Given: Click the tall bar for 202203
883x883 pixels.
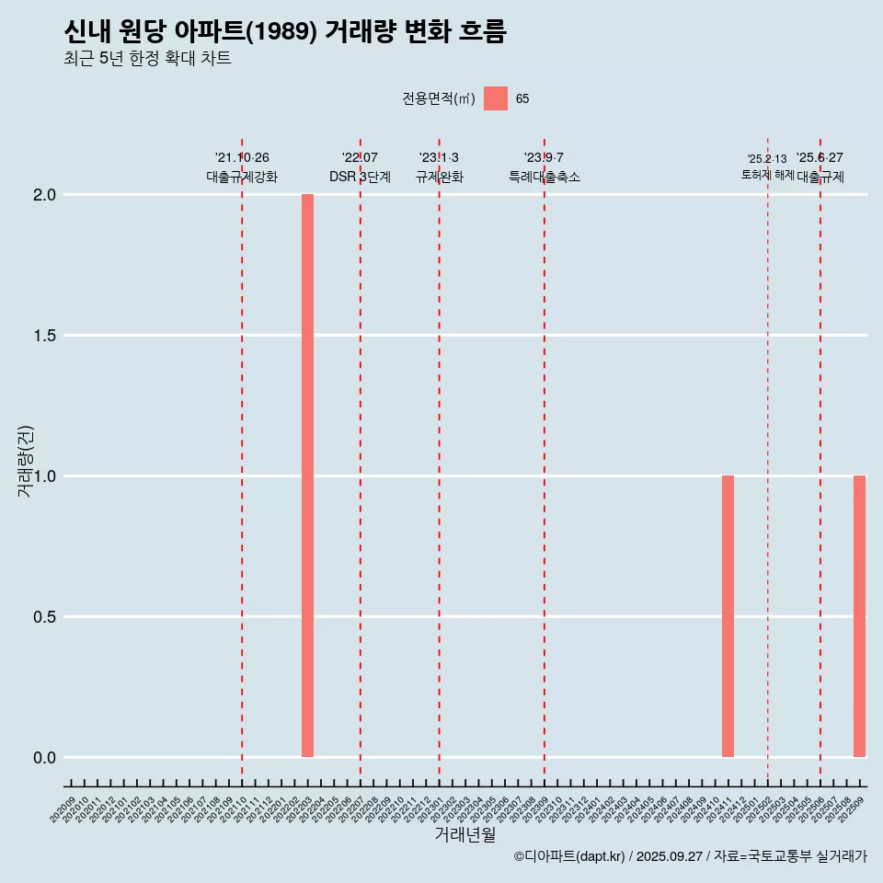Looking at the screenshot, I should (x=307, y=476).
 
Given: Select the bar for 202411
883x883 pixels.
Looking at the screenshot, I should (x=728, y=616).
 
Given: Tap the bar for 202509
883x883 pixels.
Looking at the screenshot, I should (x=859, y=616).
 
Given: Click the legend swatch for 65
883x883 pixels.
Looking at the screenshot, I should (x=495, y=98).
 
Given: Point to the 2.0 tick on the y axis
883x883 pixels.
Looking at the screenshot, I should (x=45, y=195).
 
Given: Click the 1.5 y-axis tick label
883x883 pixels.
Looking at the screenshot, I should (x=45, y=336).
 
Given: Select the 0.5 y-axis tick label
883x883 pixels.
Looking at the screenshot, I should (x=45, y=617).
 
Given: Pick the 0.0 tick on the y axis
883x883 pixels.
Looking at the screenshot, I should (x=45, y=758).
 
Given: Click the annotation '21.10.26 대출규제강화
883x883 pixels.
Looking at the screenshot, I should (x=242, y=167).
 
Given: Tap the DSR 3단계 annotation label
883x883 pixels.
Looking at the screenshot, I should (x=360, y=177).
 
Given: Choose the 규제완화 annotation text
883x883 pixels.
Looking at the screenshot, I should (x=439, y=177).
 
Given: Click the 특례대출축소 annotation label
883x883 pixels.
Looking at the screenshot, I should (x=544, y=177).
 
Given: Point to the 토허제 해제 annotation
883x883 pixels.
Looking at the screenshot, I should (x=767, y=174).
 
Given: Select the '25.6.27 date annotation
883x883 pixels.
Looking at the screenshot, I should (x=820, y=158).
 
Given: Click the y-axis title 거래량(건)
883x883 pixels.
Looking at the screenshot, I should (x=25, y=461).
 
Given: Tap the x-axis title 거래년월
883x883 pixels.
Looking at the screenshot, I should (x=464, y=835).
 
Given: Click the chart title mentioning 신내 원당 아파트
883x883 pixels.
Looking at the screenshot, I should (x=285, y=31).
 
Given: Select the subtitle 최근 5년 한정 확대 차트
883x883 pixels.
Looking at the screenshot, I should (x=147, y=59).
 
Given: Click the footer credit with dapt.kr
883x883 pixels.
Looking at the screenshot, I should (x=690, y=856).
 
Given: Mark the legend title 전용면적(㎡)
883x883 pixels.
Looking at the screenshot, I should (x=438, y=98).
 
